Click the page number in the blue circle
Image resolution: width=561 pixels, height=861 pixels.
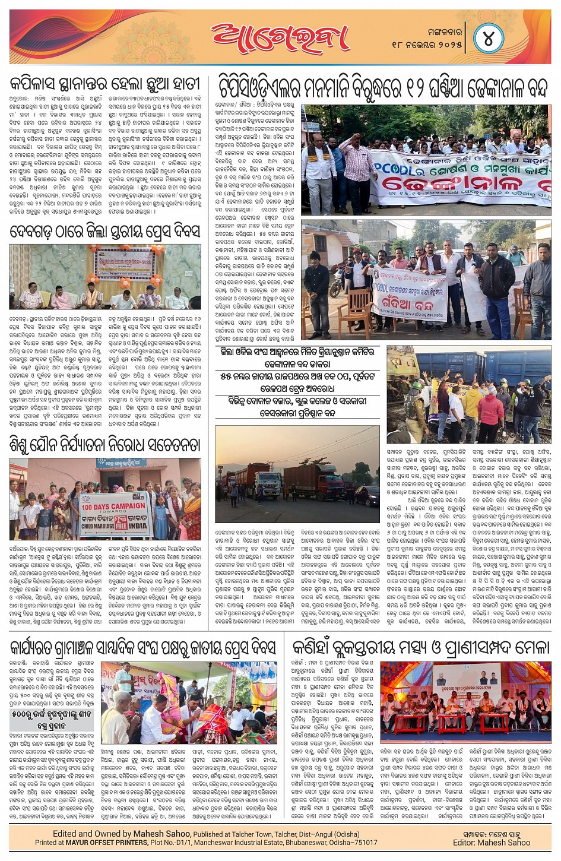[489, 39]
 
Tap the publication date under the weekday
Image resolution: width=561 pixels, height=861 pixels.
[427, 45]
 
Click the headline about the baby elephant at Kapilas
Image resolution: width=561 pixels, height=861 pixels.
[105, 83]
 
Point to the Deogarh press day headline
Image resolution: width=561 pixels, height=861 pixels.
[105, 232]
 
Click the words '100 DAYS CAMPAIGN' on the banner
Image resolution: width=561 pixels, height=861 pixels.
[113, 506]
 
